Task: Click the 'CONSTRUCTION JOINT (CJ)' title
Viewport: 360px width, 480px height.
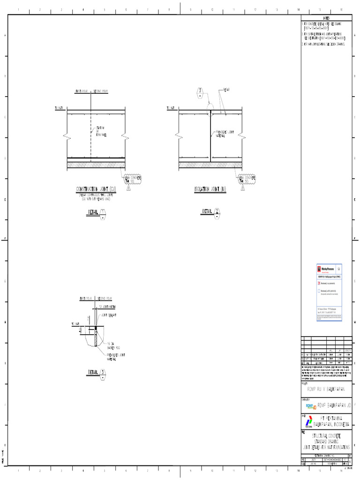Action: (x=96, y=189)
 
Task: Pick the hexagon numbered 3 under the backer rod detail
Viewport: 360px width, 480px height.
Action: (x=103, y=373)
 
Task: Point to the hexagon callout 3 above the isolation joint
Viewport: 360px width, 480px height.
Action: (x=200, y=92)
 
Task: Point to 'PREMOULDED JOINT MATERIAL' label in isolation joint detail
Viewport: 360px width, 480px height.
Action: (x=225, y=134)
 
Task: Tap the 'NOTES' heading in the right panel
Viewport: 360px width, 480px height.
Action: (x=326, y=18)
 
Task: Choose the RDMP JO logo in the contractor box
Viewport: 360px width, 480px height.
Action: (x=311, y=405)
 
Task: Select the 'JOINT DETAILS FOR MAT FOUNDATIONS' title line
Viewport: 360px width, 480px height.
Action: (x=326, y=448)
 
